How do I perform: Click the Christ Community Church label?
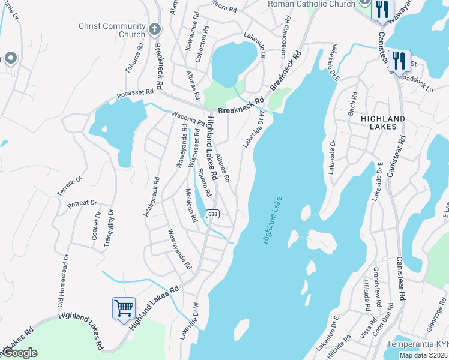112,30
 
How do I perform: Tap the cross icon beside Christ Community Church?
154,28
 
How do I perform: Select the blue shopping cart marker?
124,308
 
